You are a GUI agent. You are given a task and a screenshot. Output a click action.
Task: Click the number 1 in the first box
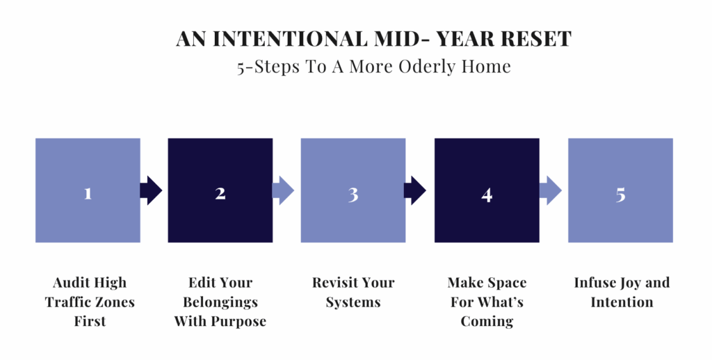tap(88, 194)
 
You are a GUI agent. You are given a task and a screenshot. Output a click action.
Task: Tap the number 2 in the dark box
tap(220, 193)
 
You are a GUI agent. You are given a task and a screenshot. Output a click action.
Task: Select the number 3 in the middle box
tap(353, 195)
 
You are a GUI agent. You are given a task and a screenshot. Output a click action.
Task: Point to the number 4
tap(487, 195)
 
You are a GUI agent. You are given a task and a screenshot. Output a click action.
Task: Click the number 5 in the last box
tap(620, 195)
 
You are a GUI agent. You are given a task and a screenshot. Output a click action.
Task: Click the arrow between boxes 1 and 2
tap(151, 190)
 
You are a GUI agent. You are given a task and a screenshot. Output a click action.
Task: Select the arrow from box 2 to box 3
tap(284, 190)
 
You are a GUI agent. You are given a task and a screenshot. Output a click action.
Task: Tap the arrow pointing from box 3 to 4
tap(415, 190)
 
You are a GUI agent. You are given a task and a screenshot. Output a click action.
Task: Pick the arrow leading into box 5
tap(551, 190)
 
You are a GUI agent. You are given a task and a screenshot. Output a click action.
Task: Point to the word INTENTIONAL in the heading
tap(290, 39)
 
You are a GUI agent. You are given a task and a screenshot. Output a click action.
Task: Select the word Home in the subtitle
tap(486, 67)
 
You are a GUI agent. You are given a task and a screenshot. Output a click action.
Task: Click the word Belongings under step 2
tap(220, 302)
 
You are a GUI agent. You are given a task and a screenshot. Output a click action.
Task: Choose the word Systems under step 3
tap(353, 303)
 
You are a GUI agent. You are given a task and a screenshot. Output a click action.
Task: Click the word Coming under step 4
tap(487, 321)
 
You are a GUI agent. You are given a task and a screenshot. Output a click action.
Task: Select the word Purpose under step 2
tap(240, 322)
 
